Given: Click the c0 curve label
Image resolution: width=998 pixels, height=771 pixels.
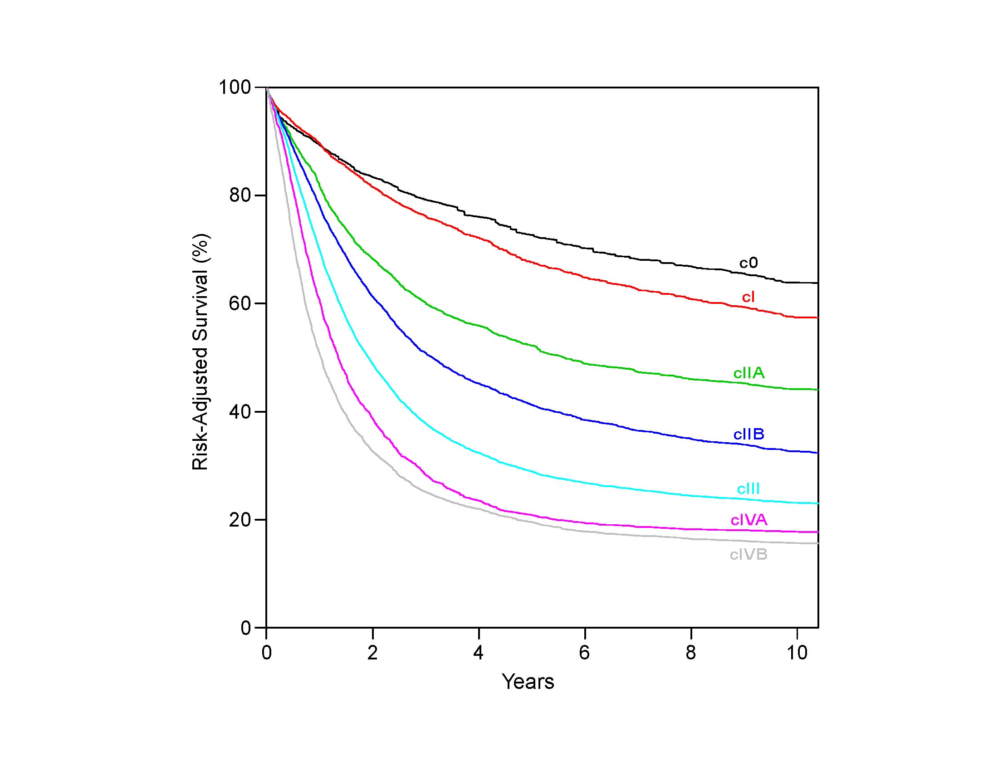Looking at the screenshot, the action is (x=748, y=263).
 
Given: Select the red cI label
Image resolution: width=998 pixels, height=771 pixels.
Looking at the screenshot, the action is (x=748, y=297).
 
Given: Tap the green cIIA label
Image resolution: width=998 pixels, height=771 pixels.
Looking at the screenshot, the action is (x=748, y=373).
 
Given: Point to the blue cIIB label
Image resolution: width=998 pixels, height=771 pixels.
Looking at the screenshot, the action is (x=748, y=434).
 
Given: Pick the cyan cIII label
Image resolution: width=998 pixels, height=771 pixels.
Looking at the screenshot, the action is (x=748, y=489).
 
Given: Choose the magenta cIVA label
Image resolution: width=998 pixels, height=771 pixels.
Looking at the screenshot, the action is (x=748, y=520).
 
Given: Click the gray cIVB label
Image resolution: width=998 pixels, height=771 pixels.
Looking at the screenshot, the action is (x=748, y=555).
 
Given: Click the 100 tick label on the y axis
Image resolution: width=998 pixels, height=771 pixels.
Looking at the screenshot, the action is (x=235, y=88).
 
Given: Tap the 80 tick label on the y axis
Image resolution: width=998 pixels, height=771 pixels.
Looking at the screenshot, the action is (x=240, y=196).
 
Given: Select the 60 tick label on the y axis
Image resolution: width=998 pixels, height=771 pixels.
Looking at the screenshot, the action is (x=240, y=304).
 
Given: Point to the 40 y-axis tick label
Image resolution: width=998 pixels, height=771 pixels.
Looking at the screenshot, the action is (x=240, y=412).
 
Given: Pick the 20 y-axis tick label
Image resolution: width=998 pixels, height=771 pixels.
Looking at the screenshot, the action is (x=240, y=520).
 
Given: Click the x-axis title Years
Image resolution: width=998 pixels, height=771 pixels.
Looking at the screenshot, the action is (x=528, y=682).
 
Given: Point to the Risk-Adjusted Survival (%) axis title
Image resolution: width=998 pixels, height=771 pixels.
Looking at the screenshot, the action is (x=200, y=352).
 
